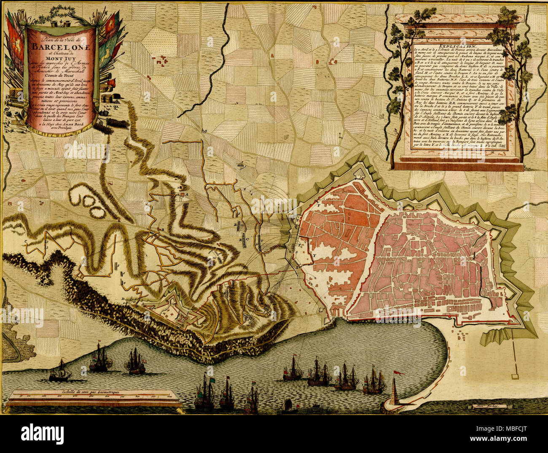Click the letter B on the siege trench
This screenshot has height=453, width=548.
pyautogui.click(x=163, y=229)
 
